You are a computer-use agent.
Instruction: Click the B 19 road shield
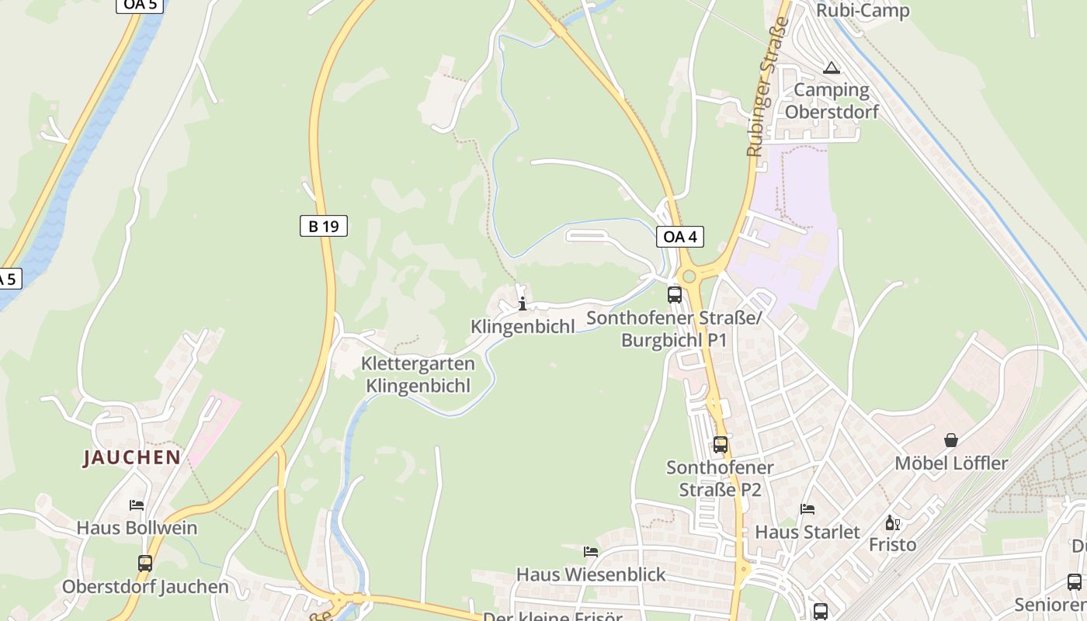(323, 226)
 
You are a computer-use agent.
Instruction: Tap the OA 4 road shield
(679, 236)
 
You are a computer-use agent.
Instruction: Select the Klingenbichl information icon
(523, 304)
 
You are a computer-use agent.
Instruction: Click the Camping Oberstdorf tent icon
(832, 68)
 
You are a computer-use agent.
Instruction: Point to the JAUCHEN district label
(132, 457)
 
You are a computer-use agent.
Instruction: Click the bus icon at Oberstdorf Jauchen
(145, 564)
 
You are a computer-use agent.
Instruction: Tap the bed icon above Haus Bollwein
(137, 505)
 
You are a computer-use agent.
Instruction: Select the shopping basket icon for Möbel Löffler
(951, 440)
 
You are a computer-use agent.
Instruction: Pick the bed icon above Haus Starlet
(807, 509)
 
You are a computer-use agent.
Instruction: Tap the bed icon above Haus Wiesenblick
(591, 552)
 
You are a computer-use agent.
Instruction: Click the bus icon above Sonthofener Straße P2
(721, 445)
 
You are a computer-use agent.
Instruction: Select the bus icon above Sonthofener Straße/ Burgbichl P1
(674, 295)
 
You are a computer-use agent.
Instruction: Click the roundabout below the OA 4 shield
(686, 276)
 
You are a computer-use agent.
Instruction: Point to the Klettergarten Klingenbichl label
(418, 374)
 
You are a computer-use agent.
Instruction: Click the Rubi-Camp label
(862, 11)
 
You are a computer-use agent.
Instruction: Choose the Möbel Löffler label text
(951, 463)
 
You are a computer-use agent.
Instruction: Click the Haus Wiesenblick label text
(591, 574)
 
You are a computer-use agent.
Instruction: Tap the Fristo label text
(893, 544)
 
